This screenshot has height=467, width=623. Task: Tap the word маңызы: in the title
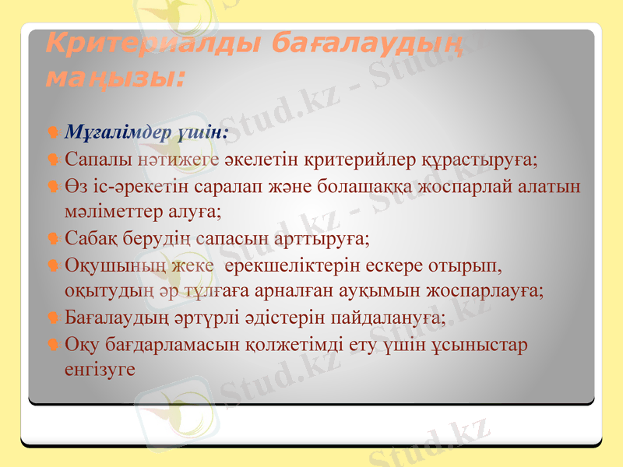[x=115, y=78]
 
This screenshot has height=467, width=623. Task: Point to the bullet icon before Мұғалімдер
[x=51, y=132]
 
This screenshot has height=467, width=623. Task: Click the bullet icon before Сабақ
[x=51, y=238]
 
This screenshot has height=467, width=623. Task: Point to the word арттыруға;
[x=321, y=237]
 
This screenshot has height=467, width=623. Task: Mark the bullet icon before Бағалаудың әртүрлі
[x=51, y=318]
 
